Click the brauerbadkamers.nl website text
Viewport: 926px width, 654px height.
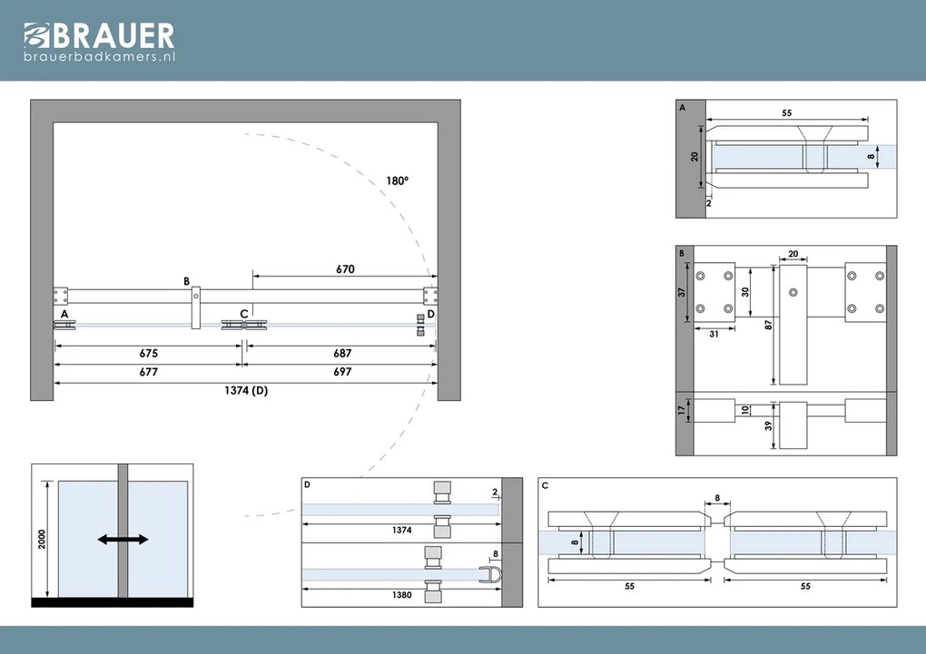[x=99, y=57]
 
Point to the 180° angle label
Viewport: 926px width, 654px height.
[x=397, y=181]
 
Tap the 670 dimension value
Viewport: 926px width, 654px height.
[x=344, y=268]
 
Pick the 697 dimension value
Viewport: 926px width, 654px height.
[x=341, y=372]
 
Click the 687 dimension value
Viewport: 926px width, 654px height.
[x=341, y=353]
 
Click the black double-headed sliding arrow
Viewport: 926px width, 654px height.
[x=123, y=540]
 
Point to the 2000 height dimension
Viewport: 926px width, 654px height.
[x=42, y=539]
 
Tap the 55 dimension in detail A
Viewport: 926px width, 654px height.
[x=786, y=113]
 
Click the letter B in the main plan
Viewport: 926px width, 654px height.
[x=186, y=281]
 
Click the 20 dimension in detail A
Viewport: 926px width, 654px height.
[x=695, y=156]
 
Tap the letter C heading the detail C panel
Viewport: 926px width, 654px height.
[x=545, y=485]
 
